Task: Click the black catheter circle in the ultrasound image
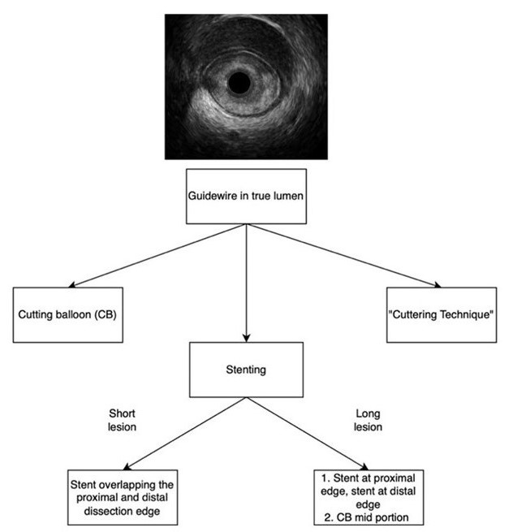[x=239, y=83]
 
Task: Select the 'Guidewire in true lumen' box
[x=246, y=197]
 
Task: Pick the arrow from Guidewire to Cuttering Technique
[x=341, y=255]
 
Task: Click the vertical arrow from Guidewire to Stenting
[x=246, y=280]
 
